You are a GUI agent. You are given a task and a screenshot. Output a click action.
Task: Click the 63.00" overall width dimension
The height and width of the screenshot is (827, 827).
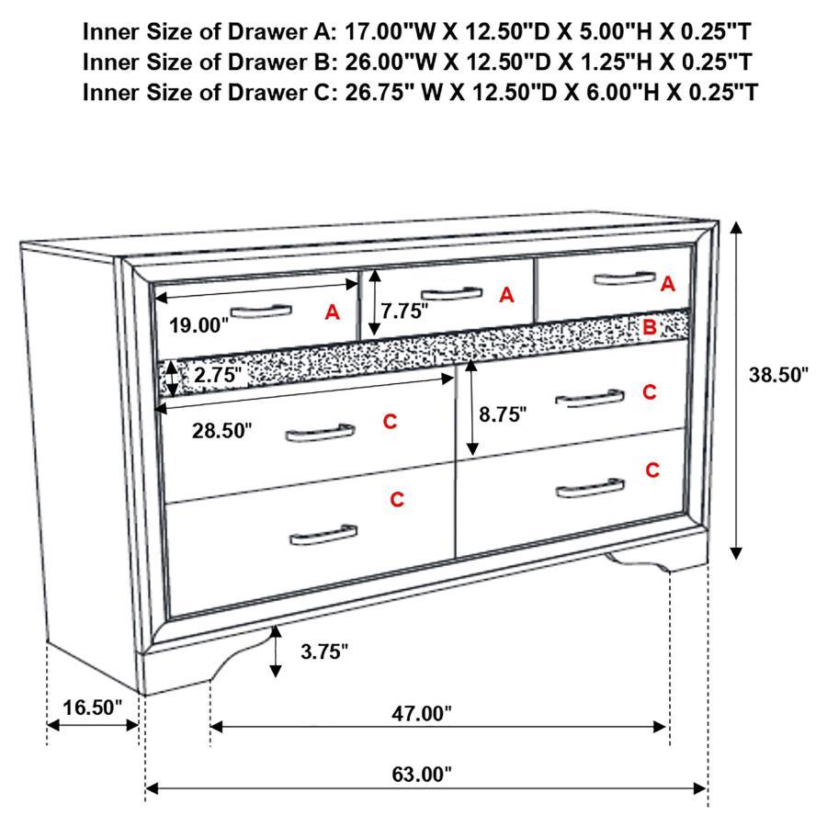(x=424, y=774)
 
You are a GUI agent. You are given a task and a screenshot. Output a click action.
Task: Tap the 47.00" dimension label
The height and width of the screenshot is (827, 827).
(x=423, y=712)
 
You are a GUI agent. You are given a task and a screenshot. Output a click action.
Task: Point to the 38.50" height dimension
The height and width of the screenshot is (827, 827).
(x=776, y=374)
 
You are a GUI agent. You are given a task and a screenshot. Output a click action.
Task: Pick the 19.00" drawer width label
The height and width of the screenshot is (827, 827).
(x=198, y=324)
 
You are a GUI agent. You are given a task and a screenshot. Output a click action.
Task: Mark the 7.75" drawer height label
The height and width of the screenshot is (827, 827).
(x=405, y=311)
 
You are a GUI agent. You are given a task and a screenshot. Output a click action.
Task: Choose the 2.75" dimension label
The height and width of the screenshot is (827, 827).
(x=218, y=374)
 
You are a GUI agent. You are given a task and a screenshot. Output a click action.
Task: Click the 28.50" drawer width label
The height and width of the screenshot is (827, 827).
(x=221, y=431)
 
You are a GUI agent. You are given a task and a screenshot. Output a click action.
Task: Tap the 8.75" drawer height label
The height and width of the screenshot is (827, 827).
(x=503, y=413)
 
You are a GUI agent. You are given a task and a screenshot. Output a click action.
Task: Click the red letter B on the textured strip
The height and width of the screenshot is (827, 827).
(x=649, y=326)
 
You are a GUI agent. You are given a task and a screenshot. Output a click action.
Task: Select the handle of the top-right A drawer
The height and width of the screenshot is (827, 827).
(x=625, y=278)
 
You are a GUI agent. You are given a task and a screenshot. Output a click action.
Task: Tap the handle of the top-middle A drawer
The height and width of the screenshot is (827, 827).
(x=451, y=294)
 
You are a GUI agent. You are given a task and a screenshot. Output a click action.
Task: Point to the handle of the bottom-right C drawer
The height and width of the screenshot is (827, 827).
(x=590, y=487)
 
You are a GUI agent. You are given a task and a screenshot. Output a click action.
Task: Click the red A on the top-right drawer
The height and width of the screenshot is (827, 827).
(x=668, y=284)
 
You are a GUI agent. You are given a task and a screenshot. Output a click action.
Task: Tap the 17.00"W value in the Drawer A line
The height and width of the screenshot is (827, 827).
(x=388, y=32)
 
